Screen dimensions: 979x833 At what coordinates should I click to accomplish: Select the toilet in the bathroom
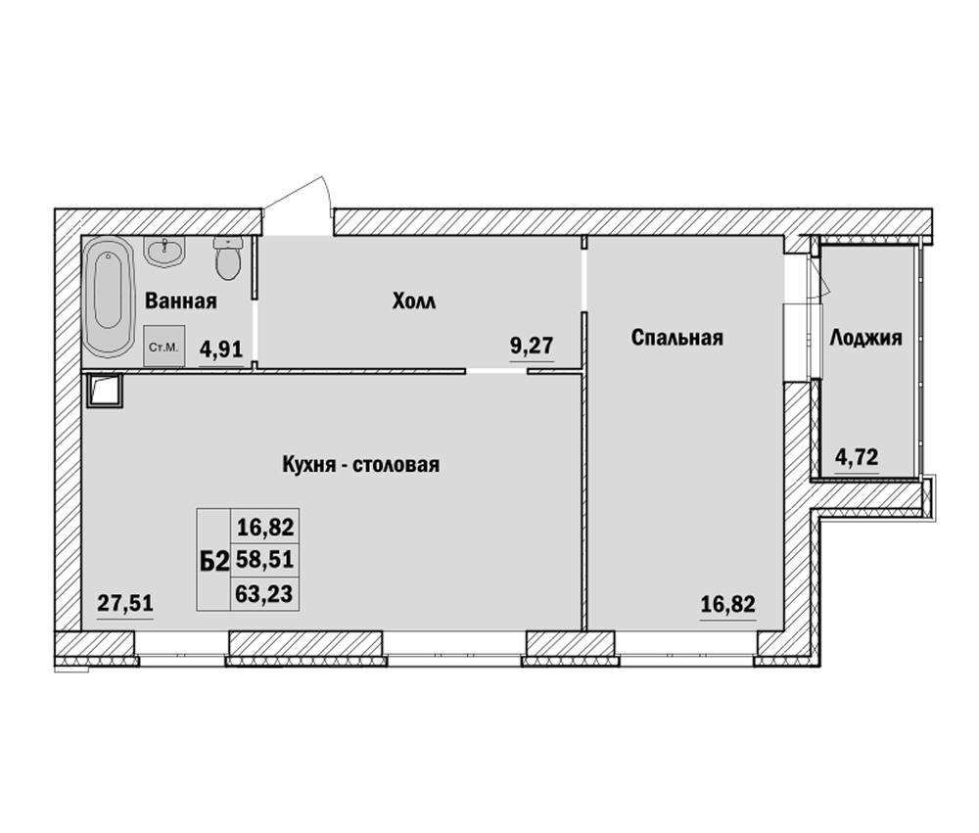coord(226,258)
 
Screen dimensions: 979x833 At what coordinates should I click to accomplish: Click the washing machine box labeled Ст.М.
coord(164,346)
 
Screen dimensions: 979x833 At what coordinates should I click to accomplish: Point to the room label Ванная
coord(181,301)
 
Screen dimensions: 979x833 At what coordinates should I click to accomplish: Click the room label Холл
coord(414,301)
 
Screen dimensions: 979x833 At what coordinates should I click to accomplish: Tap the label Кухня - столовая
coord(361,465)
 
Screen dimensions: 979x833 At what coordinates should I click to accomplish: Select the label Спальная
coord(676,338)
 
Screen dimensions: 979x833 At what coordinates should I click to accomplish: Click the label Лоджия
coord(865,339)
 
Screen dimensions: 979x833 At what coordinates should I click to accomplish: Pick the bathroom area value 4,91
coord(221,347)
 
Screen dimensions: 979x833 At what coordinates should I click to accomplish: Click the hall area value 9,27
coord(532,345)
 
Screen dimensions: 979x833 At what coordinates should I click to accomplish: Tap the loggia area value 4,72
coord(858,458)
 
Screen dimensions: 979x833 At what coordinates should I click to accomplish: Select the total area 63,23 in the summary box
coord(264,594)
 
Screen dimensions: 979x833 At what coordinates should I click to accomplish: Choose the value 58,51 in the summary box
coord(264,560)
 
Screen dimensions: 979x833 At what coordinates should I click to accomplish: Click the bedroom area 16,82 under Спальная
coord(727,604)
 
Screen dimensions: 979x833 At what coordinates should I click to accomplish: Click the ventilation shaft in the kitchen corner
coord(105,391)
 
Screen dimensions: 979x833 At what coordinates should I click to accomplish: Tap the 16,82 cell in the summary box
coord(265,528)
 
